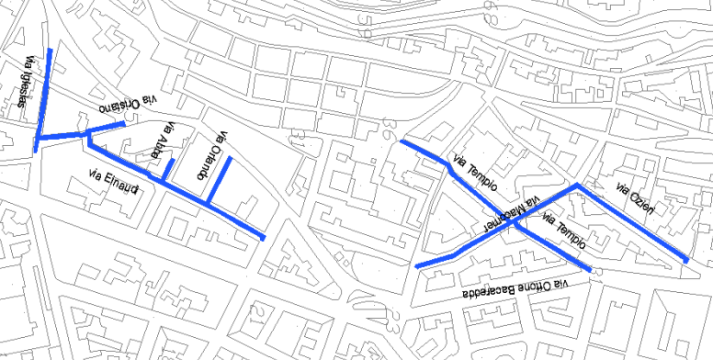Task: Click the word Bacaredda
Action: (x=495, y=291)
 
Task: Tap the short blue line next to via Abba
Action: (x=169, y=169)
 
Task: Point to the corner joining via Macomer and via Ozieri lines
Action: (x=577, y=186)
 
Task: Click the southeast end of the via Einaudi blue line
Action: (x=263, y=238)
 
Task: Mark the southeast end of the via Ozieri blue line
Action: (x=686, y=262)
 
